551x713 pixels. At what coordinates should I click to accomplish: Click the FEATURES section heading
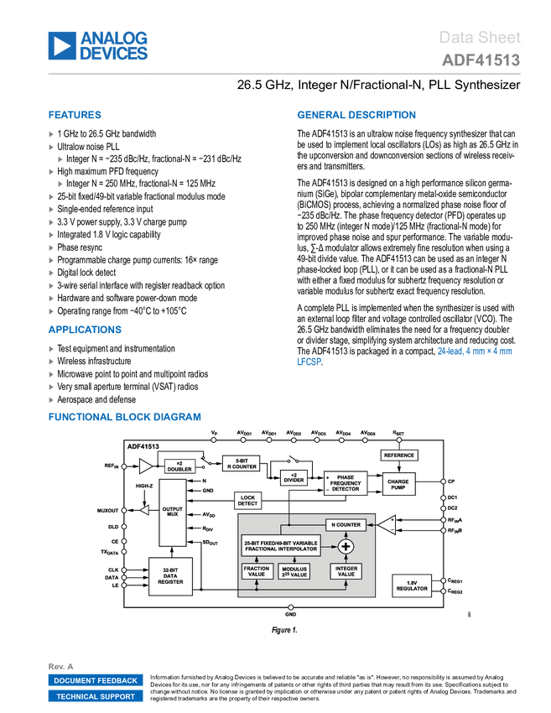75,116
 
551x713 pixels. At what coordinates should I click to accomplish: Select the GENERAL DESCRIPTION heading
356,116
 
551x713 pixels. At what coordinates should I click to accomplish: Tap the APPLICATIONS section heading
85,330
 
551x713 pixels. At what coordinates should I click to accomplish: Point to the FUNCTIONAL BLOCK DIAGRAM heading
124,417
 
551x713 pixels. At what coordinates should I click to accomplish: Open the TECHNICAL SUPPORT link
96,696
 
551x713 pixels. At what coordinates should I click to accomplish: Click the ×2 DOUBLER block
179,466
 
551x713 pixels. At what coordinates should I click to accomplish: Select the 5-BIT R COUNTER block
242,463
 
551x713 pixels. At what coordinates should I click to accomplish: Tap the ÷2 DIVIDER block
294,477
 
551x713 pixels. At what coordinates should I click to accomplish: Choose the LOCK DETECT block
247,501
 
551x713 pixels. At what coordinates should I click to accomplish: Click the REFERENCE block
398,455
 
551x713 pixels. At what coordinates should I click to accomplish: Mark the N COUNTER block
345,524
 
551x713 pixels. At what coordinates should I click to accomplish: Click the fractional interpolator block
281,545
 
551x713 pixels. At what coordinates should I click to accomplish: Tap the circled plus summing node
344,546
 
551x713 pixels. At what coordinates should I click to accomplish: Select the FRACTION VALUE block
257,571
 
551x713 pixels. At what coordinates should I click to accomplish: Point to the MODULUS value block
294,571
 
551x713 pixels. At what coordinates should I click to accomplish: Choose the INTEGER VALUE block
346,571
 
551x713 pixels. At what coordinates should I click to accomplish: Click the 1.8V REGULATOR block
412,585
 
